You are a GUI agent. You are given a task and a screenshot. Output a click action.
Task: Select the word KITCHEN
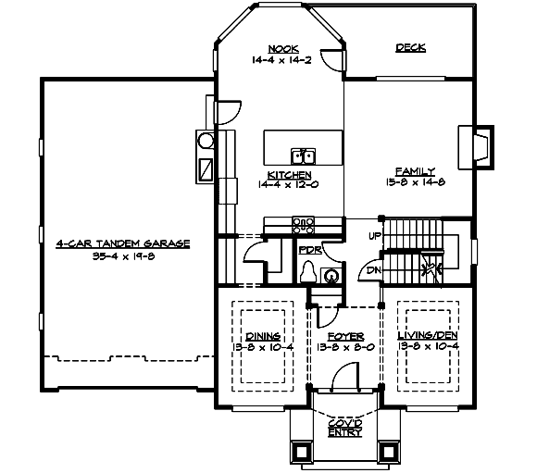pyautogui.click(x=288, y=174)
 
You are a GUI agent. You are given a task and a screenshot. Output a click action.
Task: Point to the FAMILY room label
pyautogui.click(x=416, y=171)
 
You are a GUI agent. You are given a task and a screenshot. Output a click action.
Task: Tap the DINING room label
pyautogui.click(x=264, y=335)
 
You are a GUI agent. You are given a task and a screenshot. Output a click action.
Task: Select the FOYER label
pyautogui.click(x=345, y=335)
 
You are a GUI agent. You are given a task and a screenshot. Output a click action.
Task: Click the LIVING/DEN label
pyautogui.click(x=426, y=335)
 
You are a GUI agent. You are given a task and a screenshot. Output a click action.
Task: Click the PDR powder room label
pyautogui.click(x=308, y=248)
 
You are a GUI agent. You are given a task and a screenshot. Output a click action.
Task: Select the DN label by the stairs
pyautogui.click(x=373, y=270)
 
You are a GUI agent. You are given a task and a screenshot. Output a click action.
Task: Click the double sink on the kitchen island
pyautogui.click(x=303, y=155)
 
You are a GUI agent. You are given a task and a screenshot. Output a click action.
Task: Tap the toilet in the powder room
pyautogui.click(x=309, y=271)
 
